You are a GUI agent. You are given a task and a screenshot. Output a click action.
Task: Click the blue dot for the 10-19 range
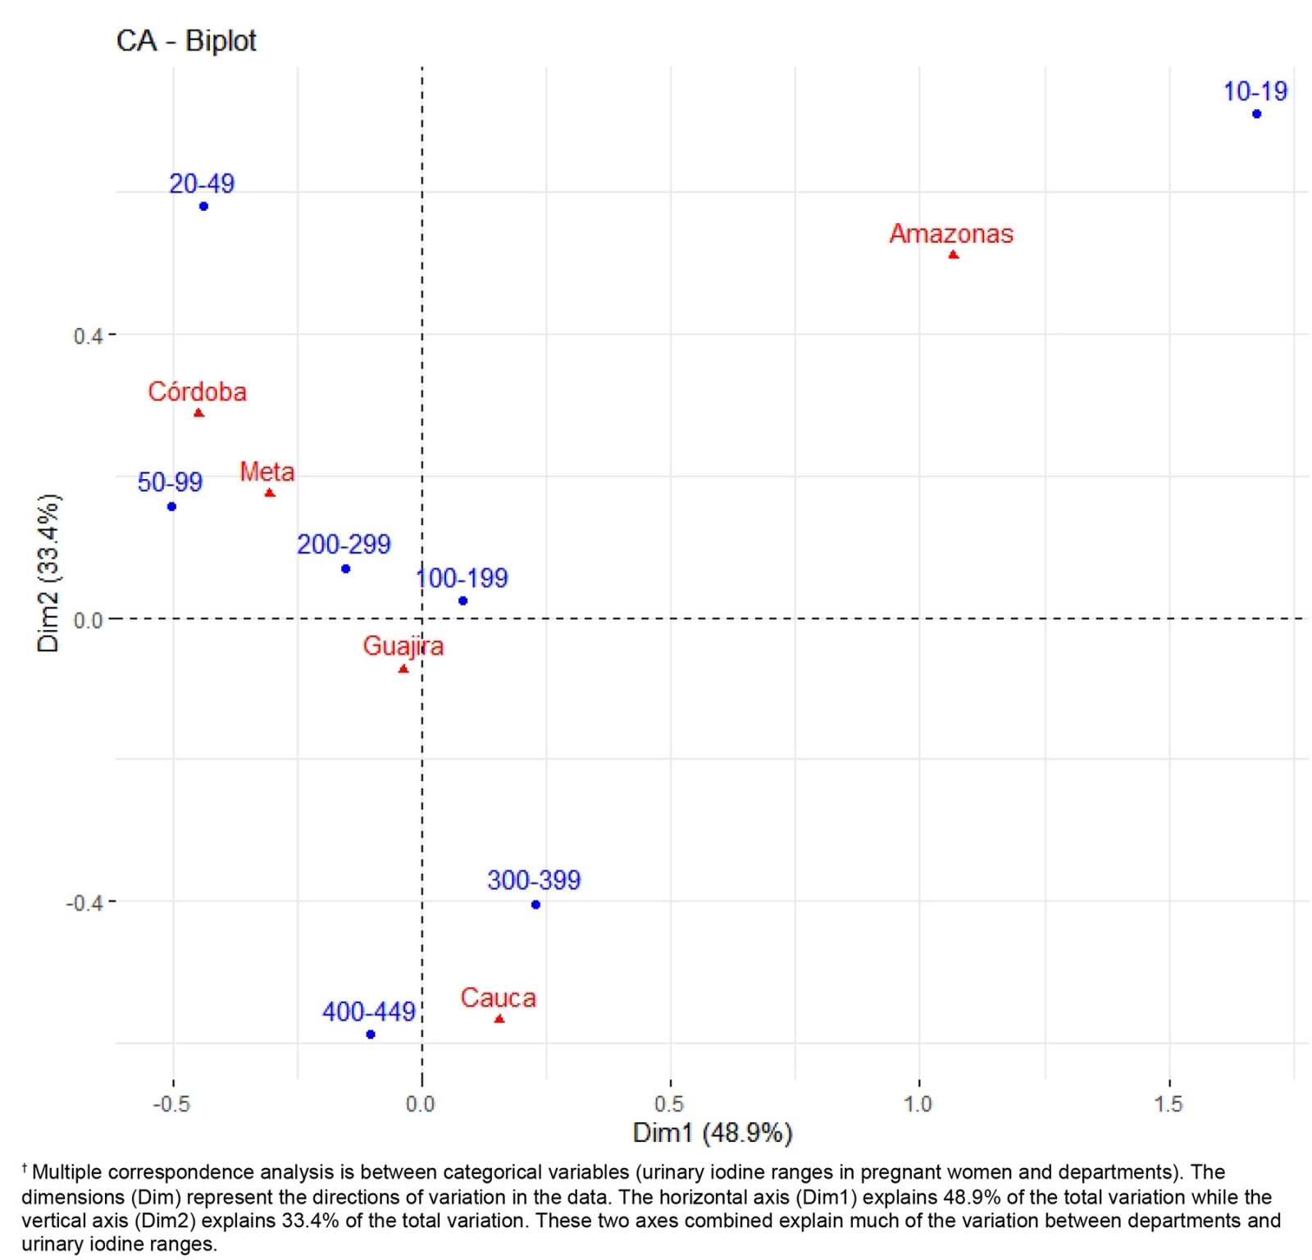pos(1256,114)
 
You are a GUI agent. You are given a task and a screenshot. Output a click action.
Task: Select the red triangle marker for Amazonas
pos(953,255)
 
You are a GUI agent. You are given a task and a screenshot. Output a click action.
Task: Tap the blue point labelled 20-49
pos(203,207)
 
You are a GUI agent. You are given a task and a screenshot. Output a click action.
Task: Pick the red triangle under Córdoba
pos(198,413)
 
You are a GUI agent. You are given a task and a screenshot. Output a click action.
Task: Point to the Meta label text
pos(266,472)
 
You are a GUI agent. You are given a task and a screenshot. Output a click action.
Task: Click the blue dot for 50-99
pos(171,507)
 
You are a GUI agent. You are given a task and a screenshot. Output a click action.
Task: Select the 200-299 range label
pos(344,544)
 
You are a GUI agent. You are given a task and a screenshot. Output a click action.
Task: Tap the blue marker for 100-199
pos(462,601)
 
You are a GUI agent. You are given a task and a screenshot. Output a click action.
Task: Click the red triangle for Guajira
pos(403,669)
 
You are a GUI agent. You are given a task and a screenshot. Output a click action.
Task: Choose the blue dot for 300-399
pos(535,905)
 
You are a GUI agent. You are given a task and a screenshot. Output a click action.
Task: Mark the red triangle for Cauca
pos(499,1019)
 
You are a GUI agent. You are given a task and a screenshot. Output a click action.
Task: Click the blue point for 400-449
pos(371,1034)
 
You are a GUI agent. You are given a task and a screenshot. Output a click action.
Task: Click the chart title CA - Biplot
pos(186,40)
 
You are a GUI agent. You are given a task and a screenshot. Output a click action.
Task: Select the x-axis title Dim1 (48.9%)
pos(712,1133)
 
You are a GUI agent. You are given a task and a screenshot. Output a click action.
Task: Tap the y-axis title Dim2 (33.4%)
pos(48,573)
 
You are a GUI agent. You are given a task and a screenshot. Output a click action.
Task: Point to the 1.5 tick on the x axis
pos(1168,1104)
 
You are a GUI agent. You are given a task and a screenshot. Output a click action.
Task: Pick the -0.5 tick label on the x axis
pos(171,1104)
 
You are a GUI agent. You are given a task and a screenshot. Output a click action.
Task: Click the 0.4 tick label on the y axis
pos(87,336)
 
